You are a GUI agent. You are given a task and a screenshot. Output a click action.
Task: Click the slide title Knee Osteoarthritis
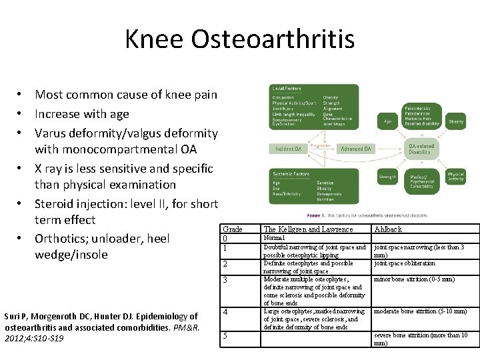(x=239, y=39)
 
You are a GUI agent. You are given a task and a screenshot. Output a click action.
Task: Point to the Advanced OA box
(x=357, y=149)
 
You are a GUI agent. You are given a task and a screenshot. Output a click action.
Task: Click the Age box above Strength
(x=388, y=122)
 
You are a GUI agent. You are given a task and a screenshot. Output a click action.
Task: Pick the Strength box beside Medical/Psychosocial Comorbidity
(x=387, y=177)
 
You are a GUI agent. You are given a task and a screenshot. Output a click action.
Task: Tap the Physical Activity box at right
(x=456, y=177)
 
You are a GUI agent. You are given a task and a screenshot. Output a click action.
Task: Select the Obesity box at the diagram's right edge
(x=456, y=122)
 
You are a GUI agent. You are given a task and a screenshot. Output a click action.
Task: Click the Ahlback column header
(x=388, y=229)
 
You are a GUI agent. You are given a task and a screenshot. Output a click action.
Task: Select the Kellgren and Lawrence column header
(x=308, y=229)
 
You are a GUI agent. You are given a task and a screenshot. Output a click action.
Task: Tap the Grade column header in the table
(x=232, y=229)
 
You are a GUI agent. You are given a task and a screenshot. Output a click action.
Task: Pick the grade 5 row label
(x=225, y=336)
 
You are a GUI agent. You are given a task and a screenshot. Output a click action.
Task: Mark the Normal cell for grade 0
(x=274, y=238)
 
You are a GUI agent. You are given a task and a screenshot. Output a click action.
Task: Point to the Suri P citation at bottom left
(x=101, y=327)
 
